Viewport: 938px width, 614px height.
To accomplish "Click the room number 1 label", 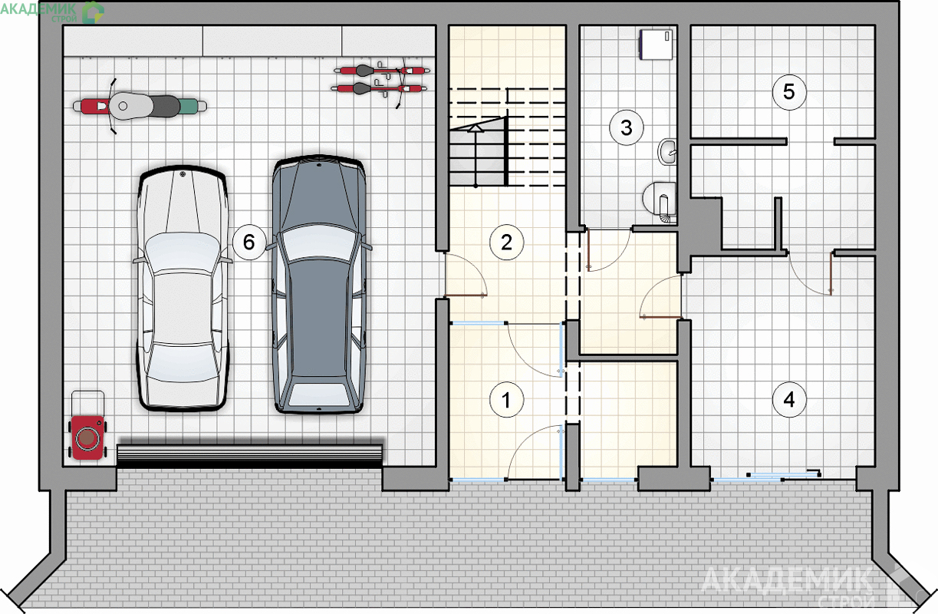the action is tap(506, 400).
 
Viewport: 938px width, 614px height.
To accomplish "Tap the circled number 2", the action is tap(506, 243).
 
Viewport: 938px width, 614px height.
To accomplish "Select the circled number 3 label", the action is tap(627, 128).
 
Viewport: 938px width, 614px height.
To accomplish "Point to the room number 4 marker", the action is tap(789, 399).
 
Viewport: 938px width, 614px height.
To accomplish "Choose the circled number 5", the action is tap(789, 92).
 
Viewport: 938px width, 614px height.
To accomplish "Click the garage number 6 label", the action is tap(249, 243).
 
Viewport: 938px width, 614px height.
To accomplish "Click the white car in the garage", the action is tap(183, 288).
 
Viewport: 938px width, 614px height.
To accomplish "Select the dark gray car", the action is tap(319, 284).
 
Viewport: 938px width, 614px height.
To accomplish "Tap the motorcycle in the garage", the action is tap(140, 106).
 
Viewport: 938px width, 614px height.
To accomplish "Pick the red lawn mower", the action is tap(87, 437).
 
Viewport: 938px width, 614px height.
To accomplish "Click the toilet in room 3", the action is tap(659, 202).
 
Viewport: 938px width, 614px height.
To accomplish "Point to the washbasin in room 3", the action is tap(667, 151).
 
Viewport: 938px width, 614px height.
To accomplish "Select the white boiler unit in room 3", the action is tap(656, 45).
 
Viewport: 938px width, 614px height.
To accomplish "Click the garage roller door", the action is tap(249, 456).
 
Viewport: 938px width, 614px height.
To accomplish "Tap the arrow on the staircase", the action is tap(476, 156).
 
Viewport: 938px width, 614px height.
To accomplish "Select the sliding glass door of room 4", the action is tap(766, 477).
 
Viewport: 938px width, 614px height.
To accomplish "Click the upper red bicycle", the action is tap(382, 70).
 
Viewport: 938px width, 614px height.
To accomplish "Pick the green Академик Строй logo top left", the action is tap(52, 12).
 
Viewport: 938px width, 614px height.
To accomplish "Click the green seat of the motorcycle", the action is tap(193, 106).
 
